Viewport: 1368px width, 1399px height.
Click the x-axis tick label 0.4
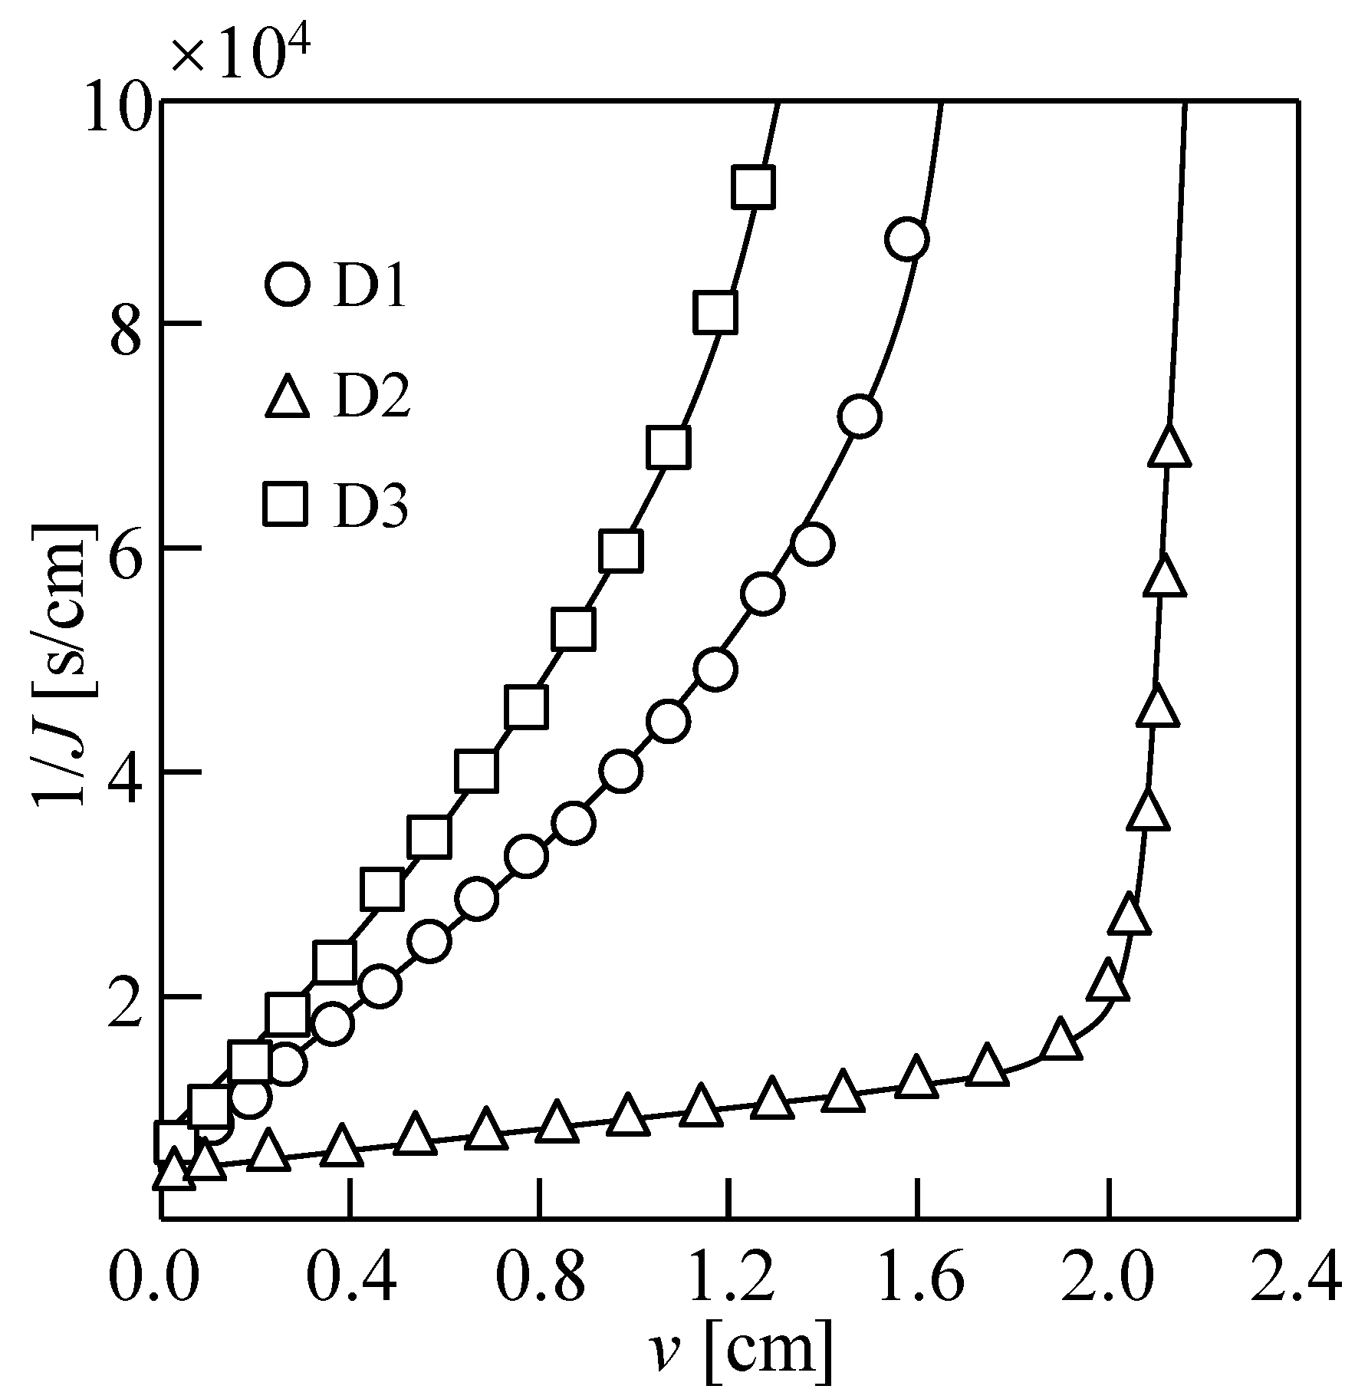[350, 1279]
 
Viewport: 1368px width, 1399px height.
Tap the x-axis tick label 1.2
[729, 1279]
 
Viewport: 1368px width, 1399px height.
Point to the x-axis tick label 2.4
[1296, 1279]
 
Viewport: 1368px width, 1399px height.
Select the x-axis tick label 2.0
[1107, 1279]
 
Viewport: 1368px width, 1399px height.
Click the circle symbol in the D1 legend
[287, 283]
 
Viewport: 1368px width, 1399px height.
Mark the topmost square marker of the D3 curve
[753, 186]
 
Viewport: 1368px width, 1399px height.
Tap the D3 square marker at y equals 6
[621, 551]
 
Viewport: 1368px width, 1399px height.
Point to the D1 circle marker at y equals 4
[621, 771]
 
